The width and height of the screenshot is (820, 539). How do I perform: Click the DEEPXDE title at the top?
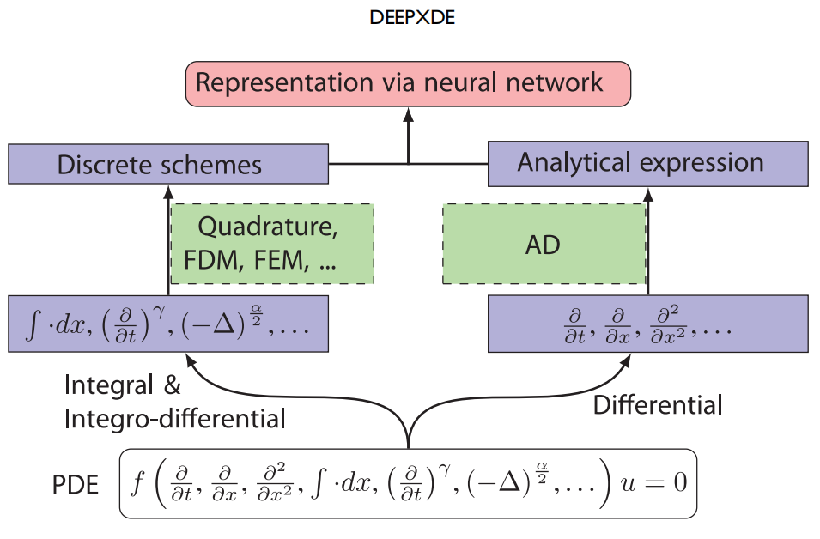coord(412,18)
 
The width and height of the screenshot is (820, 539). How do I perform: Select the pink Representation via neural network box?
coord(408,83)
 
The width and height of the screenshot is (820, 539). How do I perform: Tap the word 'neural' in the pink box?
coord(460,82)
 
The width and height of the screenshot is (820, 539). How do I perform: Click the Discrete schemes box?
coord(168,164)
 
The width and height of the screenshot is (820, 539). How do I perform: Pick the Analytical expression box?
coord(648,164)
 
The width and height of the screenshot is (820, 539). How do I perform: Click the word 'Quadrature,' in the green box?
coord(268,227)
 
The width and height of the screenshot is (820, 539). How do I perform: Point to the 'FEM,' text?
coord(282,260)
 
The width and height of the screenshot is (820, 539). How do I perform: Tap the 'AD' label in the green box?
coord(543,245)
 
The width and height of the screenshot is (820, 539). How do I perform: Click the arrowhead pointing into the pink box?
coord(409,114)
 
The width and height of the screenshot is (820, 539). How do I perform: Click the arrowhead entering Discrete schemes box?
coord(168,191)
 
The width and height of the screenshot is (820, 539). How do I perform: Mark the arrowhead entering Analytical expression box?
coord(648,195)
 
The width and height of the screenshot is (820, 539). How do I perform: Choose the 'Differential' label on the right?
coord(658,405)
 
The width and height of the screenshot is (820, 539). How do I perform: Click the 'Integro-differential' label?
coord(174,419)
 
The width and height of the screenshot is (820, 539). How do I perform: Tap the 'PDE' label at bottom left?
coord(76,485)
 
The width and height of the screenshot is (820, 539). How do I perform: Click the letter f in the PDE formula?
coord(137,482)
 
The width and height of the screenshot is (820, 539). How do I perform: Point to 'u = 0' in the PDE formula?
coord(653,482)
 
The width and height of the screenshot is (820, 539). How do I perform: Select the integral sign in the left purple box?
coord(33,324)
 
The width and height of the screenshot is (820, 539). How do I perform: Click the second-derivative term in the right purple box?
coord(668,324)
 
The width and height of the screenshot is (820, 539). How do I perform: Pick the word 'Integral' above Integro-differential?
coord(109,385)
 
